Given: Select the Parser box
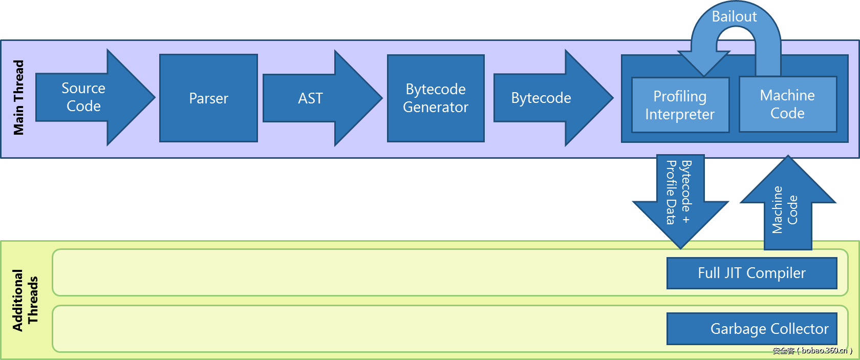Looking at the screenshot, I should pos(208,98).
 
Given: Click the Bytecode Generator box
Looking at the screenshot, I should pos(436,98).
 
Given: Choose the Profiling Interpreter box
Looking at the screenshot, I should pos(680,105).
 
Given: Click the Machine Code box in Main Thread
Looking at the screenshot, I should pos(787,104).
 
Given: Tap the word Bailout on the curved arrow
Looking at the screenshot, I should pos(734,16).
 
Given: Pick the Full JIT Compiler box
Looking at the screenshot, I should pos(751,273).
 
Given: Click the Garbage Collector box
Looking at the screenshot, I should pos(751,329).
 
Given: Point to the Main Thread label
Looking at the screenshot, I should pos(19,98).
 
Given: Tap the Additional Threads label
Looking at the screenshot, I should pos(25,300).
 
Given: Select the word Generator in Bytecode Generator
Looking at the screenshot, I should pos(436,107).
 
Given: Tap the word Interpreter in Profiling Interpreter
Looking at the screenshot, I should pos(680,114).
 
